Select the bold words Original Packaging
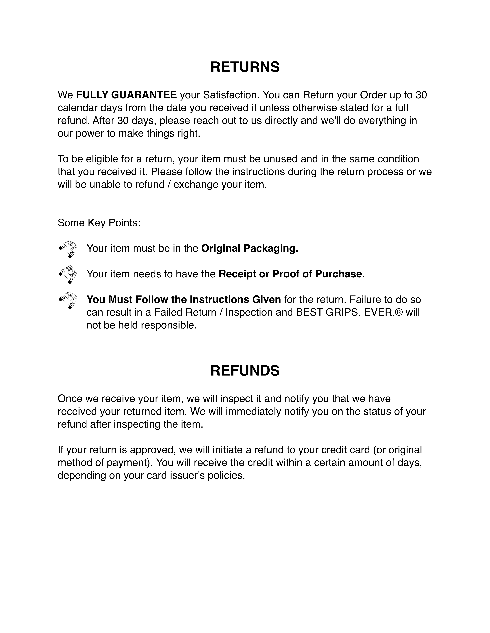click(x=250, y=248)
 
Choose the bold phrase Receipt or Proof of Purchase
click(x=290, y=274)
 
